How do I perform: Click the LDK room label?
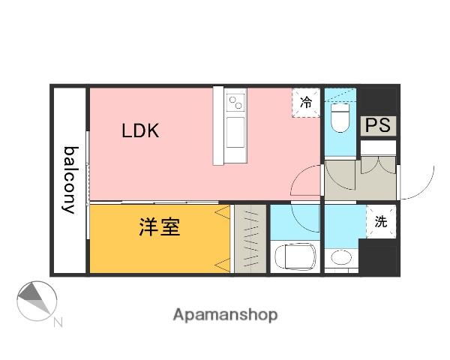(140, 130)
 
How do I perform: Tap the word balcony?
(70, 179)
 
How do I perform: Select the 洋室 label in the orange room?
(159, 228)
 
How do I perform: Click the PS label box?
(379, 125)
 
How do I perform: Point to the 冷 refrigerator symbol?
(306, 103)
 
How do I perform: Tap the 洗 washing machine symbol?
(381, 221)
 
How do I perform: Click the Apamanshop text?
(225, 315)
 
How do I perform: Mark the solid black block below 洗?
(378, 257)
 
